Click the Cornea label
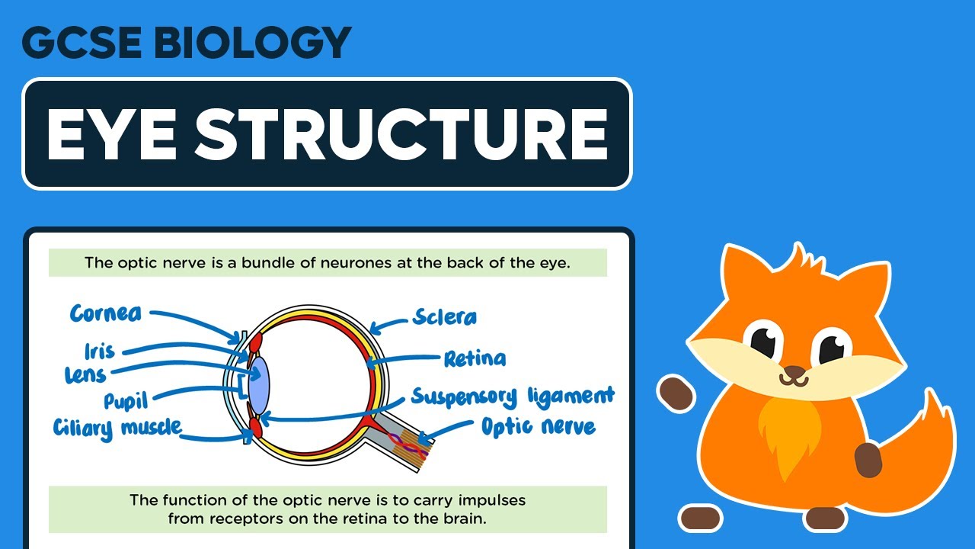click(x=106, y=313)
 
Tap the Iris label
click(x=100, y=352)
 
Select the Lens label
click(x=85, y=374)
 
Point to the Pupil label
click(x=126, y=400)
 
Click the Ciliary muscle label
click(x=118, y=427)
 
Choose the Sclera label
click(x=444, y=316)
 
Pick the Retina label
click(x=474, y=358)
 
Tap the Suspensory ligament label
click(x=512, y=396)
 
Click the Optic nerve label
click(x=538, y=425)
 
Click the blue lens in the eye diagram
click(x=260, y=381)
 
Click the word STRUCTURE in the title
click(x=403, y=133)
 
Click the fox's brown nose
click(x=794, y=374)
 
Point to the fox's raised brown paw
click(x=675, y=391)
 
